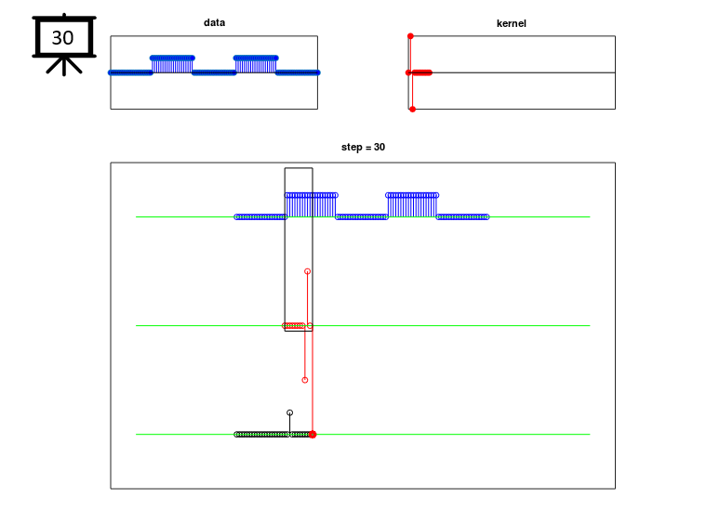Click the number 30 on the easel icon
(x=62, y=38)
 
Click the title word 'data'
(x=214, y=22)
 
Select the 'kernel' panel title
(x=511, y=23)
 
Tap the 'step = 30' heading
(x=363, y=147)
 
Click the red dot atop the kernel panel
(x=410, y=36)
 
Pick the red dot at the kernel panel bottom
(x=412, y=110)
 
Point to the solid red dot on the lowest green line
(x=313, y=435)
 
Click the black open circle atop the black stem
(x=289, y=412)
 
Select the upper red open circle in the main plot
(x=307, y=271)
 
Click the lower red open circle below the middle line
(x=305, y=381)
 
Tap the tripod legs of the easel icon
(x=64, y=66)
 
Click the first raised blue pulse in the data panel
(x=172, y=65)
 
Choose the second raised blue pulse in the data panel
(x=256, y=65)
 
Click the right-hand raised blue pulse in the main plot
(x=412, y=205)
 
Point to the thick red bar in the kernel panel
(x=421, y=72)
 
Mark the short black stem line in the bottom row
(x=289, y=424)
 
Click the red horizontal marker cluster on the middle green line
(x=294, y=325)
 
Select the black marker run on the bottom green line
(x=273, y=435)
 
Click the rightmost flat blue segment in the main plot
(x=462, y=217)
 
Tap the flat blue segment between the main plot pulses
(x=362, y=217)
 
